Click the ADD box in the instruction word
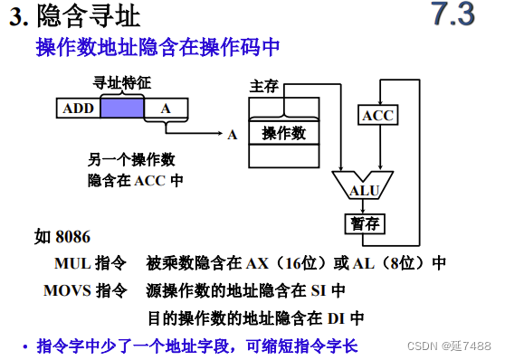tap(79, 109)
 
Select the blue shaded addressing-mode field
tap(122, 109)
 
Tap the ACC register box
tap(378, 116)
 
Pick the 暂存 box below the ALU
tap(366, 223)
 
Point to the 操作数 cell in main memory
tap(283, 133)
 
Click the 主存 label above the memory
tap(263, 87)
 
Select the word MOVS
tap(67, 291)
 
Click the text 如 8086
tap(62, 237)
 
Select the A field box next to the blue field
tap(166, 109)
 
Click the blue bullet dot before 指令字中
tap(25, 346)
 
